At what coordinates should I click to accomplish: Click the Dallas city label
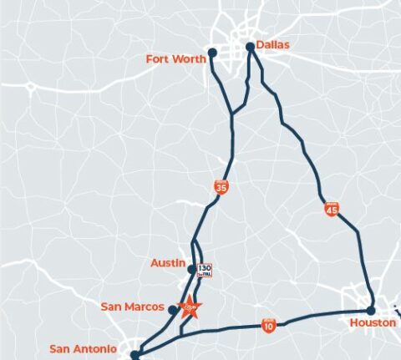273,43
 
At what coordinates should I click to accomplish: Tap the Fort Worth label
175,58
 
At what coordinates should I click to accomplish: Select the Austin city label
167,262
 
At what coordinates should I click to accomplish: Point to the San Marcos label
132,307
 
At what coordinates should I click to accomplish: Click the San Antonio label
84,348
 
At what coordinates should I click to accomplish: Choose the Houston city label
373,322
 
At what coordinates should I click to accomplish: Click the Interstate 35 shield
221,188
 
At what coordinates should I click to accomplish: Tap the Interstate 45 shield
332,209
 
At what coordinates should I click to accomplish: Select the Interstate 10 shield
268,324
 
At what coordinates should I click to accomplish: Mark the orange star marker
190,307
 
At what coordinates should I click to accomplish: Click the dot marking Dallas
250,47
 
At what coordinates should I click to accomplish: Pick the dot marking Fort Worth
212,53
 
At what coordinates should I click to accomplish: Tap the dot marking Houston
371,311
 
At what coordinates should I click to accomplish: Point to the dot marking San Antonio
135,355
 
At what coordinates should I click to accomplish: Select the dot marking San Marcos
172,310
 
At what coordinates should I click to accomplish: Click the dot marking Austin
191,269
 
